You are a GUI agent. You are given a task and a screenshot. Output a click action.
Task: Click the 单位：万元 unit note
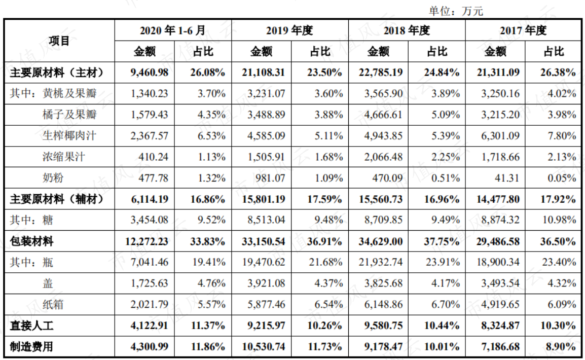coord(456,11)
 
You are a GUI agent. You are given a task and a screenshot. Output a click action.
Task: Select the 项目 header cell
coord(59,41)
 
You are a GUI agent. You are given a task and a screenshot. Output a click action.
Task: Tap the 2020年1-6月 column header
coord(173,30)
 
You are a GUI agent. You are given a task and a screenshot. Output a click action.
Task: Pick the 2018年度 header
coord(407,30)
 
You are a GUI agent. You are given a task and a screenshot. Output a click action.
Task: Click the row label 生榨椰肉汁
coord(69,135)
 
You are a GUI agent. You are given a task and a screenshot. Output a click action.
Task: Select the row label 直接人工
coord(32,326)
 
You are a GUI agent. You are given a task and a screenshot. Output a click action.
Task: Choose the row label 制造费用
coord(32,347)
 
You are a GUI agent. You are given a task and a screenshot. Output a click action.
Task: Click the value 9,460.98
coord(149,73)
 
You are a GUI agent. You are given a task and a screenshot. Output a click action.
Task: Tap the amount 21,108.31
coord(264,73)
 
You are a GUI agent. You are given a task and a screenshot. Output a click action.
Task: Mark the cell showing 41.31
coord(506,178)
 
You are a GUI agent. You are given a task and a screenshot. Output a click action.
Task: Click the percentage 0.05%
coord(562,178)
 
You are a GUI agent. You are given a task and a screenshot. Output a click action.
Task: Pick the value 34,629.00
coord(381,241)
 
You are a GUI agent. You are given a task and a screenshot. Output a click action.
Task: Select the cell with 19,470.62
coord(264,262)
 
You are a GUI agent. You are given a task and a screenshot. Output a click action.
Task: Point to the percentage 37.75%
coord(442,241)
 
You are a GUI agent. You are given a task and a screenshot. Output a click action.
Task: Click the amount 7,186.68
coord(500,347)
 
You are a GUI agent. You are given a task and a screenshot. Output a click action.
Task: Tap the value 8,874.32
coord(500,220)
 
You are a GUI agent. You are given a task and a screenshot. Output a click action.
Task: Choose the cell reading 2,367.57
coord(149,136)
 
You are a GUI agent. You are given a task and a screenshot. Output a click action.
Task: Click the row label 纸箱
coord(53,304)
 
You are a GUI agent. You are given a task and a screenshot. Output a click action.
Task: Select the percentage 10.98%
coord(559,220)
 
